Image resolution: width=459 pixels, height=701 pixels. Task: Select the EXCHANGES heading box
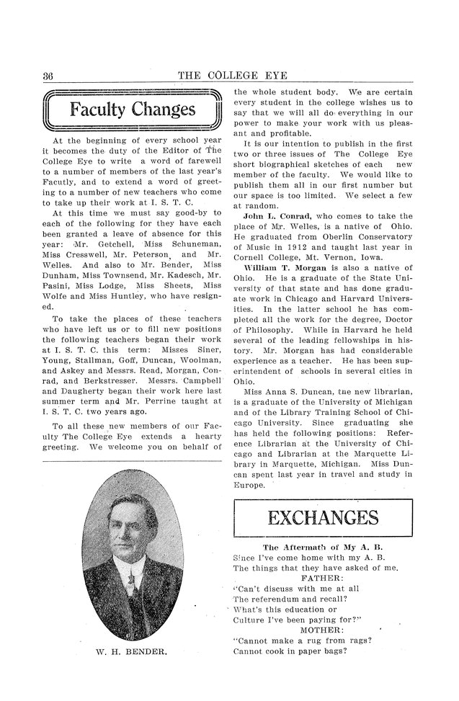[323, 518]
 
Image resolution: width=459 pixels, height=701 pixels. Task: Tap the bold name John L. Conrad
[275, 217]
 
